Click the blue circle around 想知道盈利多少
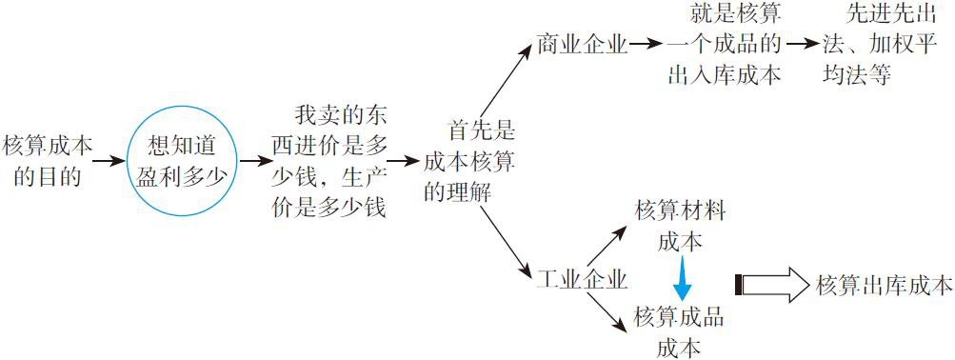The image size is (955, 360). point(181,159)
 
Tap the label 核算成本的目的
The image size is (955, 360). point(49,160)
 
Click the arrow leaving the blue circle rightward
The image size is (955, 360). point(254,160)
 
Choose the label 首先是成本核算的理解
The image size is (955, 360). point(468,160)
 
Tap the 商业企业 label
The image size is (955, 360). point(581,44)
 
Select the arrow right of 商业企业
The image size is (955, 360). point(645,44)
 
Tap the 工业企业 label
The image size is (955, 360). point(581,280)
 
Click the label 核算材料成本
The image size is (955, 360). point(680,226)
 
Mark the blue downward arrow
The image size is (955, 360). point(680,279)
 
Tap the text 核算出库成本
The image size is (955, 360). point(885,284)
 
